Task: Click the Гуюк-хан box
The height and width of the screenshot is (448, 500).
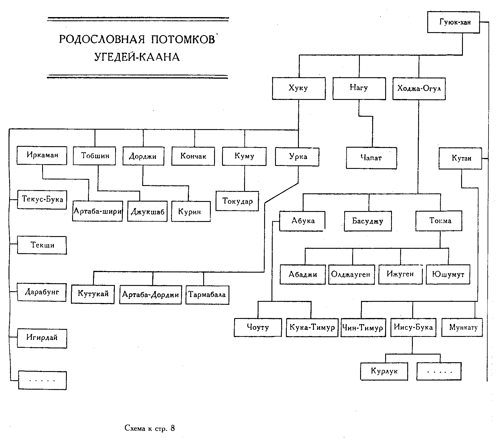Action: (453, 22)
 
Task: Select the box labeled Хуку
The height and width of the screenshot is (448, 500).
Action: (299, 88)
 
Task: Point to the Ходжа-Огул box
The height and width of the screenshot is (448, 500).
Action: (419, 89)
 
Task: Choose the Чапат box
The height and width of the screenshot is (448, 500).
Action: (371, 158)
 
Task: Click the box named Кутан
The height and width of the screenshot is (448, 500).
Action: (460, 158)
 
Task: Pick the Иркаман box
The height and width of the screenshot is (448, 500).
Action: (42, 155)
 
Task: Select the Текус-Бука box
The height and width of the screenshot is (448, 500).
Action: (42, 200)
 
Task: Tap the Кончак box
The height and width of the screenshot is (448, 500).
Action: (193, 156)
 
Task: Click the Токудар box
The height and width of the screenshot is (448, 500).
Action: (237, 201)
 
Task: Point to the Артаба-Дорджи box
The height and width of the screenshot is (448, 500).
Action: (150, 294)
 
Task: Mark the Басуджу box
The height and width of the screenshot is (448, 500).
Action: (368, 221)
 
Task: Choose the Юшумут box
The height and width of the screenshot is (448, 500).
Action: (448, 274)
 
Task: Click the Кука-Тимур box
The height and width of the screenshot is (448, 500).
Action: (312, 327)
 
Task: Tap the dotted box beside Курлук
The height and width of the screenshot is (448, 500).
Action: (439, 371)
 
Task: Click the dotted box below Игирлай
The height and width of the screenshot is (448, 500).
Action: (42, 381)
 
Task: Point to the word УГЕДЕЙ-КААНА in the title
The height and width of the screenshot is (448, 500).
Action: (137, 57)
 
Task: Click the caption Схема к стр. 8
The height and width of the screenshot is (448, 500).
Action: (150, 428)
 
